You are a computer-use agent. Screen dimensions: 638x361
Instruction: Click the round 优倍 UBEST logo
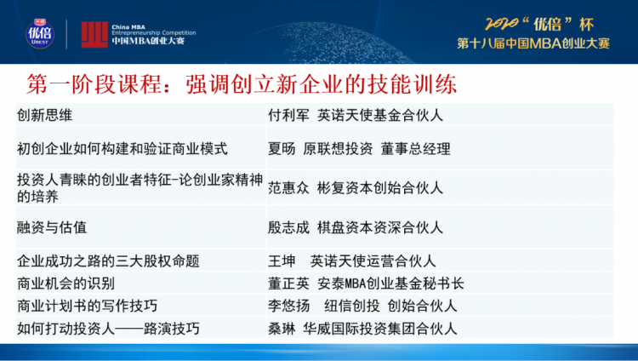40,34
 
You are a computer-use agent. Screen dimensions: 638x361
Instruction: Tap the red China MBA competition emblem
94,35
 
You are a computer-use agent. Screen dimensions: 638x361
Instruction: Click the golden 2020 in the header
501,24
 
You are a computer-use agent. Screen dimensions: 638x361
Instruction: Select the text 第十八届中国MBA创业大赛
533,43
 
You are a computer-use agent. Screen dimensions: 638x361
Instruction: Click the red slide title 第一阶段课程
94,84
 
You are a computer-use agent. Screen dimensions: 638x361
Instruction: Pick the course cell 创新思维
45,115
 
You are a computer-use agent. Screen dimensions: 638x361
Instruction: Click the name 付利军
288,115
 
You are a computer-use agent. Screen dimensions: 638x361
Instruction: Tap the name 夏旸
282,149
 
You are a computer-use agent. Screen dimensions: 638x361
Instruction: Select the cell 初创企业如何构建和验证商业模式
122,149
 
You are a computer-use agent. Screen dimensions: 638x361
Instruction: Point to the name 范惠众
288,188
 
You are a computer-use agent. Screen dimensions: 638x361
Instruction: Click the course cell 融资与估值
52,227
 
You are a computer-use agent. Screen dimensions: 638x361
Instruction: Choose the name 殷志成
288,227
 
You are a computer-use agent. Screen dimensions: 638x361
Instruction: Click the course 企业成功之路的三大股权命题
108,261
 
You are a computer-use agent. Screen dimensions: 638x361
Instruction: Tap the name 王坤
282,261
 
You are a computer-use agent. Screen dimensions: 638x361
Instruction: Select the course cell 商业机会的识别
66,284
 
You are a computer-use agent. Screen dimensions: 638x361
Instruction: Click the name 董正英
288,284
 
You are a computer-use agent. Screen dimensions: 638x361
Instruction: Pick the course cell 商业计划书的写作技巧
87,306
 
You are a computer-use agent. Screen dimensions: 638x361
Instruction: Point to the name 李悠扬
288,306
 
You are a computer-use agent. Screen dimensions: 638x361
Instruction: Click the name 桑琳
282,329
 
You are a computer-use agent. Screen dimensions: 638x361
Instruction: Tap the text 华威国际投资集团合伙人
379,329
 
